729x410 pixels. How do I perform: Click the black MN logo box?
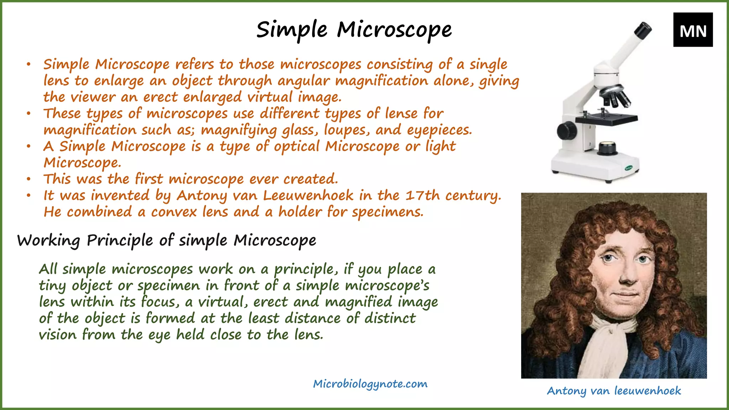click(693, 30)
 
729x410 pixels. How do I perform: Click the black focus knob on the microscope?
click(567, 131)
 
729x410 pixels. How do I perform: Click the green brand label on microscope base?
click(630, 168)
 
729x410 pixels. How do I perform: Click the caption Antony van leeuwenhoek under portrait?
click(614, 391)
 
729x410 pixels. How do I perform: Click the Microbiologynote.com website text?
click(370, 384)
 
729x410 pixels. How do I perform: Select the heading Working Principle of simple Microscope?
click(167, 241)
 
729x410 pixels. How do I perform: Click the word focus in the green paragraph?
click(158, 302)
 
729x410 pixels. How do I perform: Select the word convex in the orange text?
click(174, 212)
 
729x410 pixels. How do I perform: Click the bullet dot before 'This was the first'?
click(28, 179)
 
